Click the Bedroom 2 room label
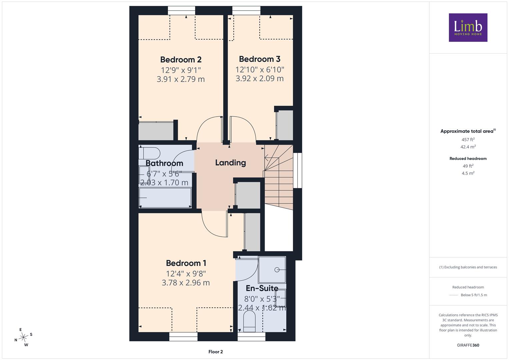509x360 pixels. tap(181, 60)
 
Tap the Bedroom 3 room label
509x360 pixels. tap(259, 59)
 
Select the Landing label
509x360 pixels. tap(230, 163)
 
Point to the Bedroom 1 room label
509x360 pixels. tap(186, 263)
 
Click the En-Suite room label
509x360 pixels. tap(262, 288)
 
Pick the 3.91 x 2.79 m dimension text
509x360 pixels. tap(181, 79)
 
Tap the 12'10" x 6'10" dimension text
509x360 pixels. tap(260, 70)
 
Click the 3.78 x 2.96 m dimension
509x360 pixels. tap(186, 283)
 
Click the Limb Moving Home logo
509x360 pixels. tap(468, 27)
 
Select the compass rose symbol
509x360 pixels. tap(23, 337)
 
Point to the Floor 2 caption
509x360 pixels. tap(216, 352)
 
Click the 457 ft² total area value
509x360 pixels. tap(468, 140)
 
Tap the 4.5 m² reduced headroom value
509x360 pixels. tap(468, 173)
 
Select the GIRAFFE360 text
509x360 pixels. tap(468, 345)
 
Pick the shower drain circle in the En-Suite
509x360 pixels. tap(277, 270)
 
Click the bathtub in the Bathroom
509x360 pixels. tap(165, 197)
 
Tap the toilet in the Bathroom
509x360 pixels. tap(149, 153)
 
